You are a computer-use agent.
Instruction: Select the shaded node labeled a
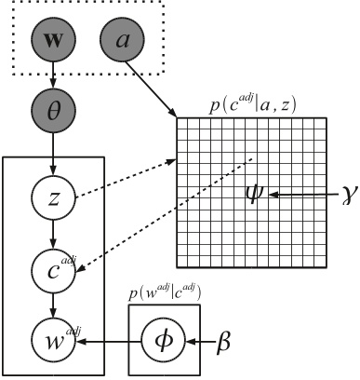pyautogui.click(x=123, y=40)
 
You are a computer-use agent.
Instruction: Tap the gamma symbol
pyautogui.click(x=346, y=195)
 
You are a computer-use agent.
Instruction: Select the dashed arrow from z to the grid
pyautogui.click(x=130, y=178)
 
